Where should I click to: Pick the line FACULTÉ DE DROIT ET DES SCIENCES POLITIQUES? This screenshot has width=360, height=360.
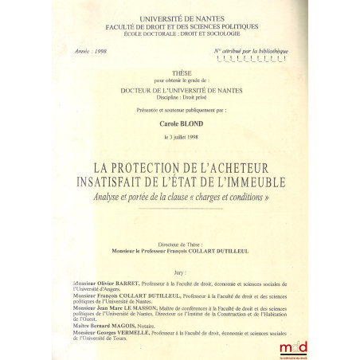[x=178, y=25]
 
